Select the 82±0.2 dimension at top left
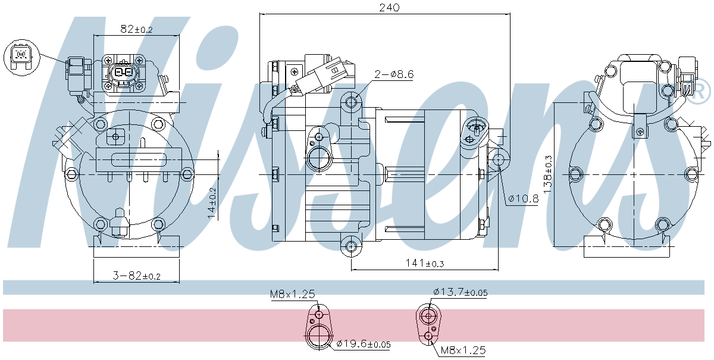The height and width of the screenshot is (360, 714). pyautogui.click(x=137, y=29)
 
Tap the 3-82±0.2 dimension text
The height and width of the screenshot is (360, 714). pyautogui.click(x=137, y=276)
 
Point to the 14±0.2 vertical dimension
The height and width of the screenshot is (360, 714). pyautogui.click(x=212, y=203)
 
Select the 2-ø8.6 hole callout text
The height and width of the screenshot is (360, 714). pyautogui.click(x=394, y=74)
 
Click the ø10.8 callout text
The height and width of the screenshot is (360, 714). pyautogui.click(x=523, y=199)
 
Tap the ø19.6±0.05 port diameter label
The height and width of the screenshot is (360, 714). pyautogui.click(x=363, y=344)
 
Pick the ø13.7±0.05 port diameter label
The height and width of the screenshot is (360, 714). pyautogui.click(x=460, y=292)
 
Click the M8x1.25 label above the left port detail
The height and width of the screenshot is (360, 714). pyautogui.click(x=292, y=294)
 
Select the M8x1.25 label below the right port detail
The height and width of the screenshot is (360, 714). pyautogui.click(x=463, y=350)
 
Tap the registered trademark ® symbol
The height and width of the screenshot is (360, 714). pyautogui.click(x=700, y=91)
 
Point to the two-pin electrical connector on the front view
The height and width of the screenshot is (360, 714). pyautogui.click(x=124, y=73)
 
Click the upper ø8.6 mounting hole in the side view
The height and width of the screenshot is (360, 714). pyautogui.click(x=351, y=103)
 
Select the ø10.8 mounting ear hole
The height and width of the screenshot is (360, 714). pyautogui.click(x=499, y=159)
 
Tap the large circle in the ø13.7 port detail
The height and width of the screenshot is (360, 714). pyautogui.click(x=428, y=315)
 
